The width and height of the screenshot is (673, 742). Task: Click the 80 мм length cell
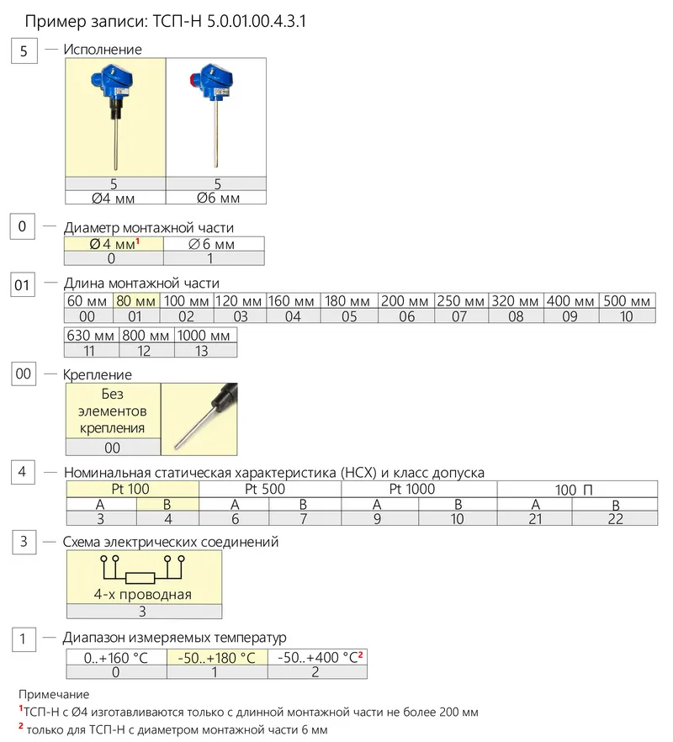pos(135,301)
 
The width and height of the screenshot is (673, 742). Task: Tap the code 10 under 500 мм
pos(627,316)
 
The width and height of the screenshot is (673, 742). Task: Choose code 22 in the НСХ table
pos(615,518)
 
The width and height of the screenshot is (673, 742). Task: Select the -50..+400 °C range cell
pos(317,657)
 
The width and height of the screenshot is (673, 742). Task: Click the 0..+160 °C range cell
pos(116,657)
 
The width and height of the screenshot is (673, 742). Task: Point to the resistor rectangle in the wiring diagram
pos(140,578)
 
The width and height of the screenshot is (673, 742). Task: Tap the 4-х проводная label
pos(143,594)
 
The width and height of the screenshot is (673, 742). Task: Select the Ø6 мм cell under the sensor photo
pos(217,198)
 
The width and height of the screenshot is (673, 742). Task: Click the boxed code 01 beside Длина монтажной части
pos(23,285)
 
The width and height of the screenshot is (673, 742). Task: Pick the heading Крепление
pos(98,375)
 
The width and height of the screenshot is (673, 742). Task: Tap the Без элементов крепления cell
pos(113,411)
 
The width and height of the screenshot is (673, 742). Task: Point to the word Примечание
pos(54,694)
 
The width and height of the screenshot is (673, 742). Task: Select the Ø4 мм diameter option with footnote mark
pos(114,244)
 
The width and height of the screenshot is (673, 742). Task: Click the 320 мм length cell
pos(516,301)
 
